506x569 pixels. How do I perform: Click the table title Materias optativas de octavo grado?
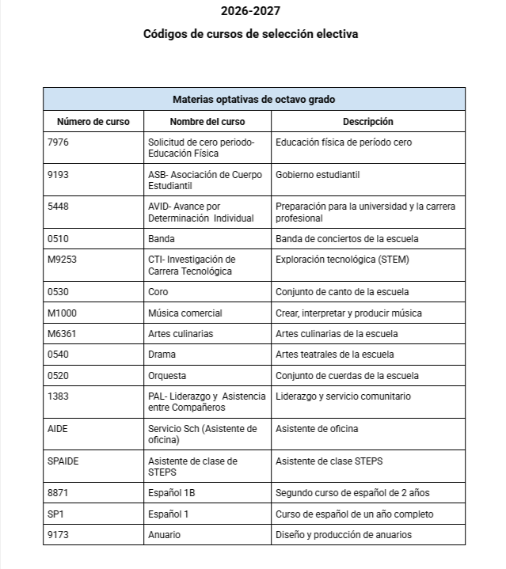[x=253, y=99]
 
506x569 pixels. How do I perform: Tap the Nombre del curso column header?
[x=207, y=122]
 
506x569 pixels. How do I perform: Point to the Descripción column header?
[x=367, y=122]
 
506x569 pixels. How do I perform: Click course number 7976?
[x=59, y=142]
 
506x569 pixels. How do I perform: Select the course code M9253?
[x=63, y=259]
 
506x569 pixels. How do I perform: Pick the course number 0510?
[x=59, y=238]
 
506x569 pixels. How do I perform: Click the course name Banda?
[x=162, y=238]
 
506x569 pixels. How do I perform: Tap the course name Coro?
[x=158, y=292]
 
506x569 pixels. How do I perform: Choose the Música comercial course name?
[x=185, y=313]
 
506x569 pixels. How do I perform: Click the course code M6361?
[x=63, y=333]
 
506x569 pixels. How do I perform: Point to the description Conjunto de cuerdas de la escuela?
[x=348, y=375]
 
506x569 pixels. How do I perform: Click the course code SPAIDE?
[x=63, y=461]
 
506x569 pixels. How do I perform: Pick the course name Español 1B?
[x=172, y=493]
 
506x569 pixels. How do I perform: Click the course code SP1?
[x=56, y=514]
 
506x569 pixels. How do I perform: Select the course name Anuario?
[x=165, y=535]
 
